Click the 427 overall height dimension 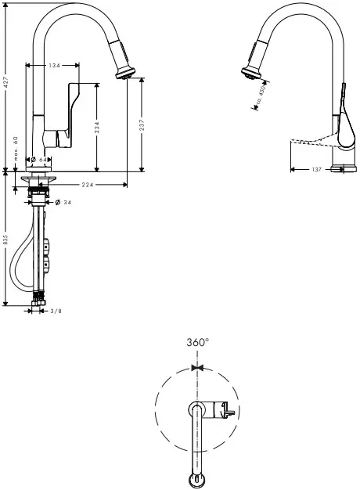5,81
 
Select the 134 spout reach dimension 54,66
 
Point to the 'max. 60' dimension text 15,148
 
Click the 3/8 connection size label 56,312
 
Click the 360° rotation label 197,342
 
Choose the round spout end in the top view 196,478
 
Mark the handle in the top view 225,409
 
